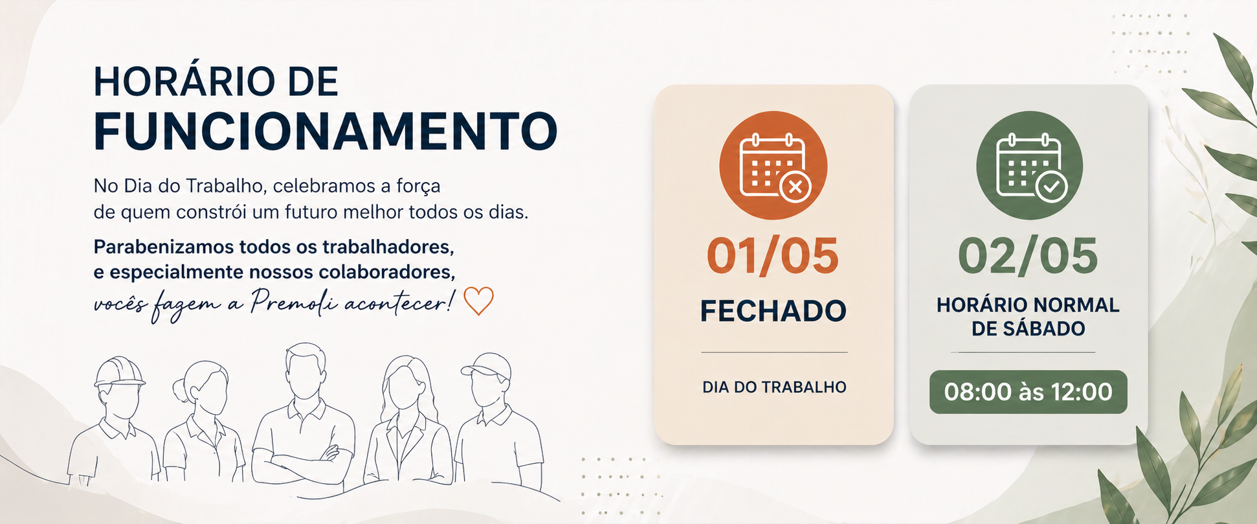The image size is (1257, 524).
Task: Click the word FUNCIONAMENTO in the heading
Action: (x=326, y=131)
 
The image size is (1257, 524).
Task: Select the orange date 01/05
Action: (x=773, y=256)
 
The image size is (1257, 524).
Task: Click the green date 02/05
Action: (x=1028, y=256)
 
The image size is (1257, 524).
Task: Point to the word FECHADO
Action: (x=773, y=311)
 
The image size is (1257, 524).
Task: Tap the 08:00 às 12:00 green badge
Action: (x=1029, y=392)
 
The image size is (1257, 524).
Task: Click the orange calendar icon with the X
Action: (x=773, y=165)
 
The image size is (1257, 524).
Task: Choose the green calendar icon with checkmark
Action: (x=1029, y=165)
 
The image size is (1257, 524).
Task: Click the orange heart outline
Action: (x=479, y=301)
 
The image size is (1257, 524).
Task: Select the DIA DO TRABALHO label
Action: (x=774, y=387)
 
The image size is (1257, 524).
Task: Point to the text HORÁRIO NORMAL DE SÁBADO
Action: (x=1028, y=317)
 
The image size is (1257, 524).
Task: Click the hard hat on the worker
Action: (x=119, y=372)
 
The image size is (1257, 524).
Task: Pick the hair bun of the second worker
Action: (x=179, y=389)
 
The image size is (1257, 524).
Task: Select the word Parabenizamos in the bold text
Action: (x=164, y=247)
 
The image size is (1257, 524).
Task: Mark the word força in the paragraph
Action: (x=419, y=187)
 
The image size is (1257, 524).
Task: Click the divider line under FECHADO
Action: (x=774, y=352)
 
